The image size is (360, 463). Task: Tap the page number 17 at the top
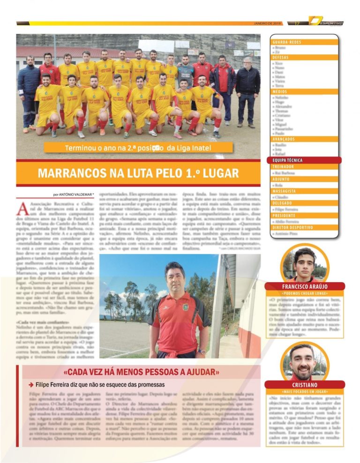pos(297,23)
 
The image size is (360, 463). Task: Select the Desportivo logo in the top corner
pos(326,22)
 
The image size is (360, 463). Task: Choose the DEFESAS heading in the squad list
pos(281,57)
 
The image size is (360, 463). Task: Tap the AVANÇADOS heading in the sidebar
pos(284,139)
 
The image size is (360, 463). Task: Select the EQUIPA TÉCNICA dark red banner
pos(288,160)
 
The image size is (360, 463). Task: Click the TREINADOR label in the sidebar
pos(283,166)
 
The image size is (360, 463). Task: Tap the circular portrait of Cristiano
pos(305,362)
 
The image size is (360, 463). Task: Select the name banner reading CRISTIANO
pos(305,385)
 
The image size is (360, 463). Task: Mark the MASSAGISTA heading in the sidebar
pos(284,191)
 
